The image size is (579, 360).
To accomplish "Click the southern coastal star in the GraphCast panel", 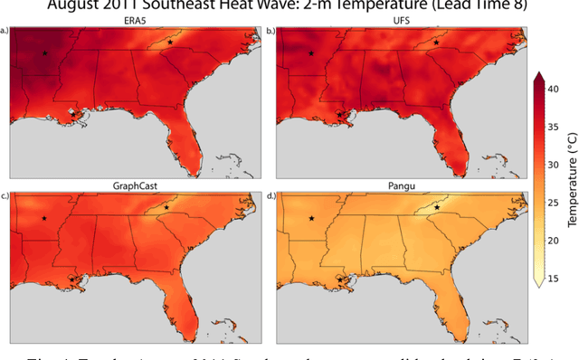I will pyautogui.click(x=72, y=279).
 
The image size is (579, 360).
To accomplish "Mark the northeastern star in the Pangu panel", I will pyautogui.click(x=436, y=207).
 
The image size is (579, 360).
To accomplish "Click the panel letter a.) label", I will pyautogui.click(x=5, y=31).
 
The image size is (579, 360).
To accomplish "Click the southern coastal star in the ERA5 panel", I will pyautogui.click(x=72, y=115).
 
